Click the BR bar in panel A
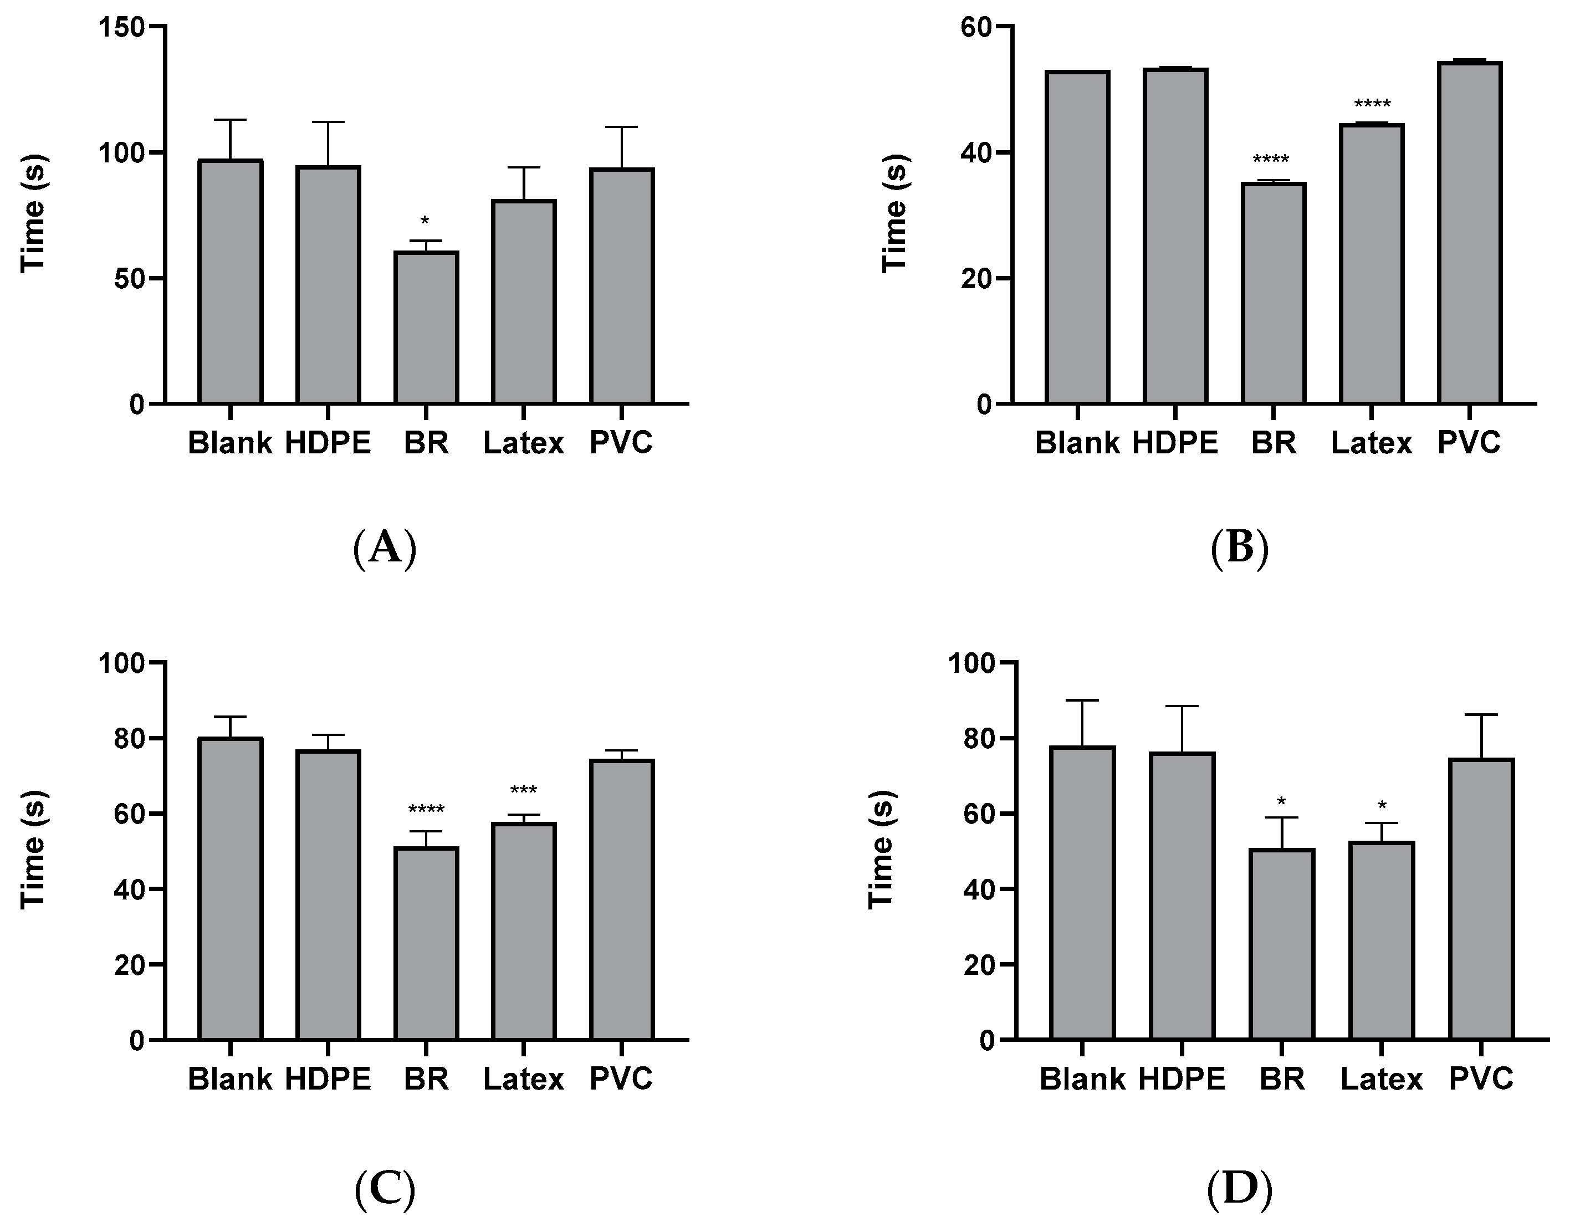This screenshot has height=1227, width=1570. pyautogui.click(x=426, y=327)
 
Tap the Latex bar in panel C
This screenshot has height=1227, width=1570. pyautogui.click(x=523, y=931)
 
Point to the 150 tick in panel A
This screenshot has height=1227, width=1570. pyautogui.click(x=126, y=27)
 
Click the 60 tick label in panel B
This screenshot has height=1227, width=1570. pyautogui.click(x=976, y=27)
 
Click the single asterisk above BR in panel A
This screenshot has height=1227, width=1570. pyautogui.click(x=425, y=221)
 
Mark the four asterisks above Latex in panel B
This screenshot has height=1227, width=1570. pyautogui.click(x=1372, y=104)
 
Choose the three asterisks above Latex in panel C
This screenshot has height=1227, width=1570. pyautogui.click(x=523, y=791)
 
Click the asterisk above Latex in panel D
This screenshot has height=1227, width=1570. pyautogui.click(x=1382, y=806)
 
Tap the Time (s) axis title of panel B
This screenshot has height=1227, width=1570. pyautogui.click(x=895, y=213)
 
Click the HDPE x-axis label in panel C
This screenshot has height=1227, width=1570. pyautogui.click(x=328, y=1079)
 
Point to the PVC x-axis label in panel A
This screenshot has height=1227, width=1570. pyautogui.click(x=621, y=442)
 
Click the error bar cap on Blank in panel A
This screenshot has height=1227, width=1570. pyautogui.click(x=230, y=120)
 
